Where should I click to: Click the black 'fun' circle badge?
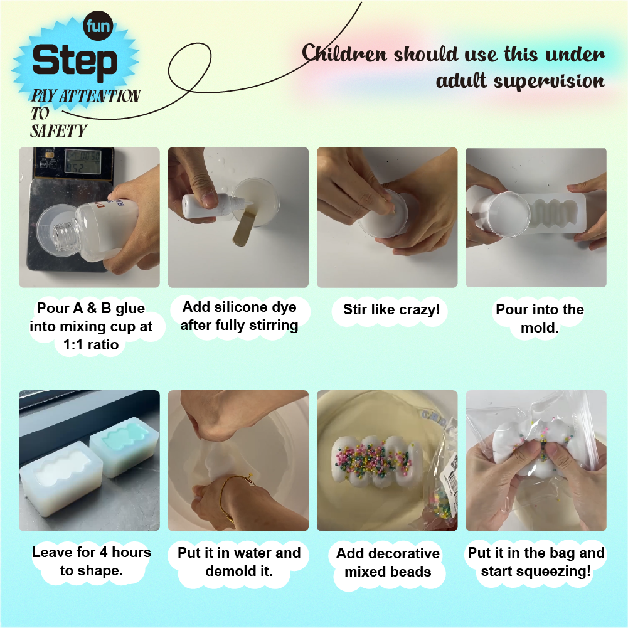(98, 26)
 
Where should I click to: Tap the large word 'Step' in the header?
(75, 61)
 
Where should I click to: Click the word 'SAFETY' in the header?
(58, 131)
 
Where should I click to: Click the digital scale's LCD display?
(83, 162)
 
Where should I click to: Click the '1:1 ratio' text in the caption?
(91, 344)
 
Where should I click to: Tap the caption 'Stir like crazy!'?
(391, 309)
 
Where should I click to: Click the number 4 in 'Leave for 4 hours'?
(104, 552)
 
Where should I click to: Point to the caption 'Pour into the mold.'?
(540, 319)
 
